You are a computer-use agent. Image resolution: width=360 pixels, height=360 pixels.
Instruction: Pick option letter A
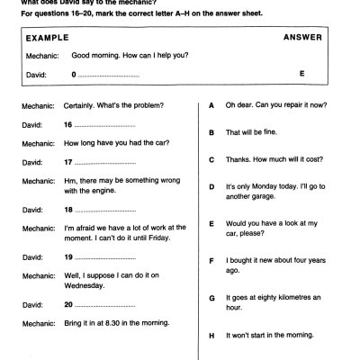211,105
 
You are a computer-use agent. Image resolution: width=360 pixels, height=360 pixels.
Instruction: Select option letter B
211,132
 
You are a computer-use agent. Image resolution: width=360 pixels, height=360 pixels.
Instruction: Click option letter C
211,159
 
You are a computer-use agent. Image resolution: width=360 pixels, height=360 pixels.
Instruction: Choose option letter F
211,261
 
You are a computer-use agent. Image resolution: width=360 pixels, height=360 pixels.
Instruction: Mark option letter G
211,298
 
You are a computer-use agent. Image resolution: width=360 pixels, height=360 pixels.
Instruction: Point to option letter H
211,335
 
